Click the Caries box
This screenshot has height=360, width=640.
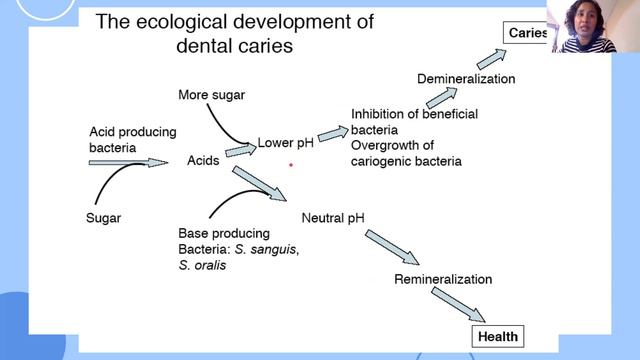click(x=526, y=33)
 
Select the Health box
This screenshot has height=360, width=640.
click(x=497, y=336)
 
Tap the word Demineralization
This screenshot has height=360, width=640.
click(x=465, y=79)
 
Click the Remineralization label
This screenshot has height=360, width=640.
click(x=444, y=279)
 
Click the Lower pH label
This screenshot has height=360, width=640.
click(x=286, y=143)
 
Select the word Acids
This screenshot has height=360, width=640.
click(x=203, y=161)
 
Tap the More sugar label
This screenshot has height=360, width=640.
click(x=211, y=95)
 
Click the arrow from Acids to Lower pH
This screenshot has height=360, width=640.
click(x=240, y=150)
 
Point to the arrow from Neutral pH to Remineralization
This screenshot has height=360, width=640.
click(x=389, y=245)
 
